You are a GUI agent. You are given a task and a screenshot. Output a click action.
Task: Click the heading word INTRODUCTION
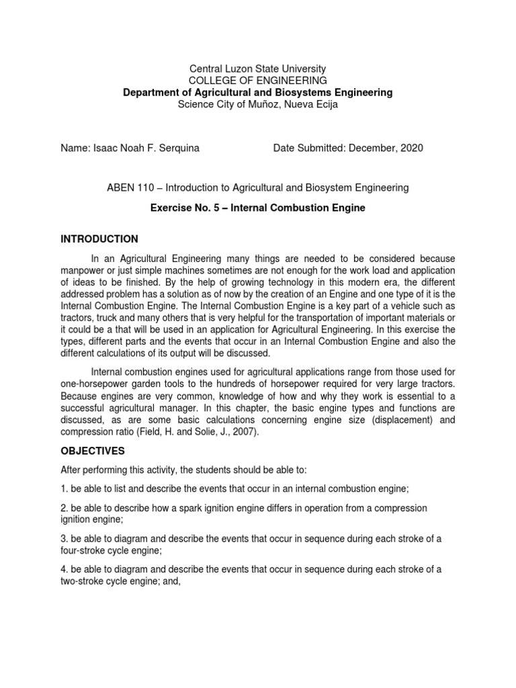(99, 239)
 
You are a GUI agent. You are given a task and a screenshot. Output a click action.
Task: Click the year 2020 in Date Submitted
(411, 148)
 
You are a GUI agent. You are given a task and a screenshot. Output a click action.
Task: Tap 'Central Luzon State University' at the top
(258, 69)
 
